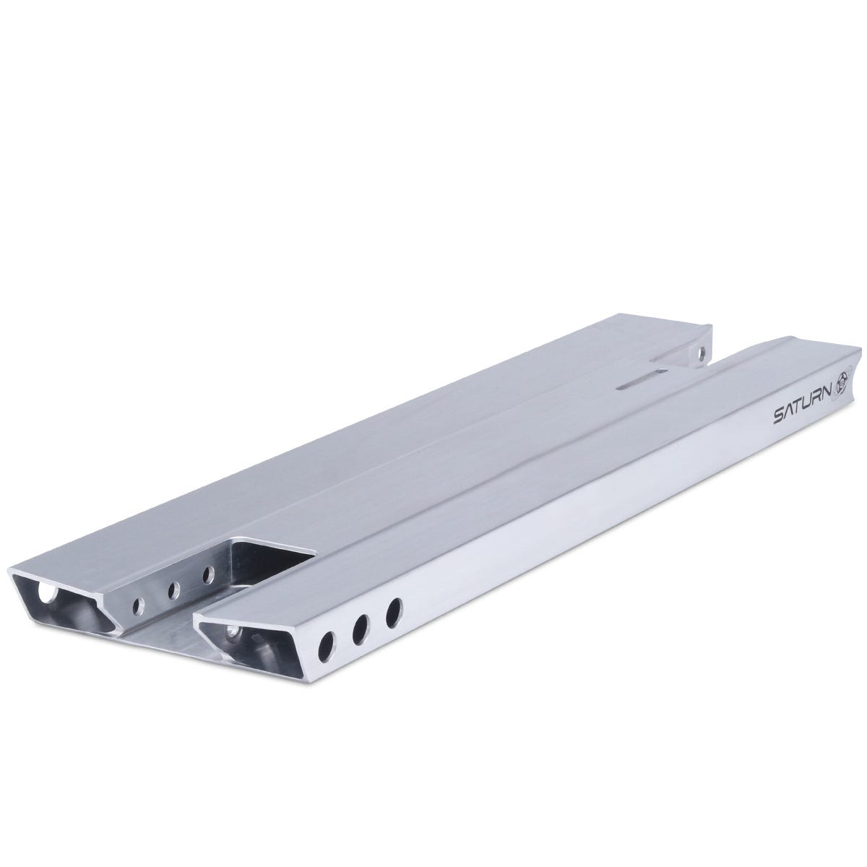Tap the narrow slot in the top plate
pyautogui.click(x=640, y=383)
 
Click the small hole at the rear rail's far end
pyautogui.click(x=699, y=354)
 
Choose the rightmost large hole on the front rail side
pyautogui.click(x=394, y=613)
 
